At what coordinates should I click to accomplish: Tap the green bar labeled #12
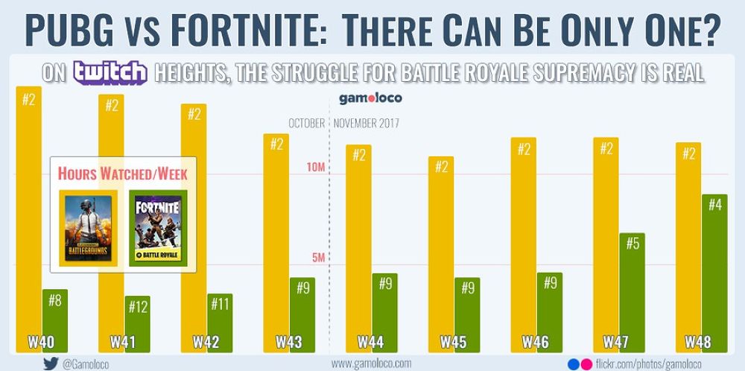138,324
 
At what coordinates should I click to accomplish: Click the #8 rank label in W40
55,301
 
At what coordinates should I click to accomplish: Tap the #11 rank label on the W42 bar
220,304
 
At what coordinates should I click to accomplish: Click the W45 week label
453,343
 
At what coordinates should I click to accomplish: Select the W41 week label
124,343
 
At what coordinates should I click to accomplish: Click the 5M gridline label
317,258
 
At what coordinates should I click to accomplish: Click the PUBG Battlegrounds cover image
88,227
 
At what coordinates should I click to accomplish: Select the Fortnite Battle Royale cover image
157,227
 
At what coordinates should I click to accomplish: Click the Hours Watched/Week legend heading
122,174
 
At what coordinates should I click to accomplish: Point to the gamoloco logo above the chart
365,98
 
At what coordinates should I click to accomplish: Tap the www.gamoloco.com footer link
371,363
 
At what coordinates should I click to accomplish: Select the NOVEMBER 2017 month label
367,123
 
